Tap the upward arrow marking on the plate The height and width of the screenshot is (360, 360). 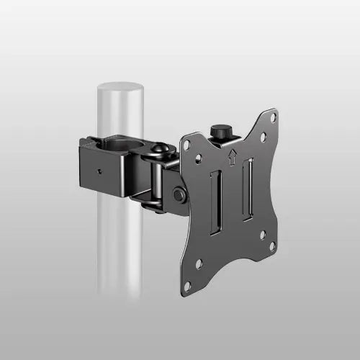[232, 156]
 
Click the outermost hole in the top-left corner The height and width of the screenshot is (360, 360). [187, 145]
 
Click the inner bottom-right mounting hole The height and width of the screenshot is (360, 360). [262, 234]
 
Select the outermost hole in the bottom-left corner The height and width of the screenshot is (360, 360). [188, 286]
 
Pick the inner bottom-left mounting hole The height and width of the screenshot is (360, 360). [199, 264]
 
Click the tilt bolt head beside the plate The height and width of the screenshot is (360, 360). [177, 195]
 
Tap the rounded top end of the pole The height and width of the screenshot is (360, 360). [120, 87]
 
